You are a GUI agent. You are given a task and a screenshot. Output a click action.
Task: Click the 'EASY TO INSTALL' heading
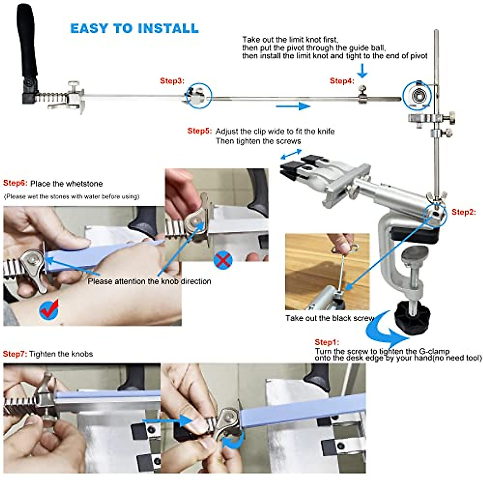click(x=134, y=29)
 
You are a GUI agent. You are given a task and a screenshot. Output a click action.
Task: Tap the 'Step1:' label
click(x=327, y=342)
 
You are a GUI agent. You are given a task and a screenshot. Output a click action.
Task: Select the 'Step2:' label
click(x=464, y=212)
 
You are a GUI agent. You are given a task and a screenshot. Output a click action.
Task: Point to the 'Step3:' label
click(x=172, y=81)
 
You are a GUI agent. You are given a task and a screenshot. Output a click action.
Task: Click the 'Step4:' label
click(x=342, y=81)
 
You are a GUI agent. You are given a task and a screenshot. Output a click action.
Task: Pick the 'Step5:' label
click(x=199, y=131)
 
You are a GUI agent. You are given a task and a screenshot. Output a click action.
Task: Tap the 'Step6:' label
click(x=15, y=183)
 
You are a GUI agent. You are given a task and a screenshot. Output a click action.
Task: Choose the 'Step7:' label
click(x=15, y=354)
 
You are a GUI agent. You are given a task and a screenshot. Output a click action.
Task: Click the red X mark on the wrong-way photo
click(x=223, y=260)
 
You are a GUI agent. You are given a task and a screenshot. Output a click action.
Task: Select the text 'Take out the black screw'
click(x=330, y=318)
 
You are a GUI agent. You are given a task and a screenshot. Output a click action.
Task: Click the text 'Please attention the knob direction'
click(x=149, y=281)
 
